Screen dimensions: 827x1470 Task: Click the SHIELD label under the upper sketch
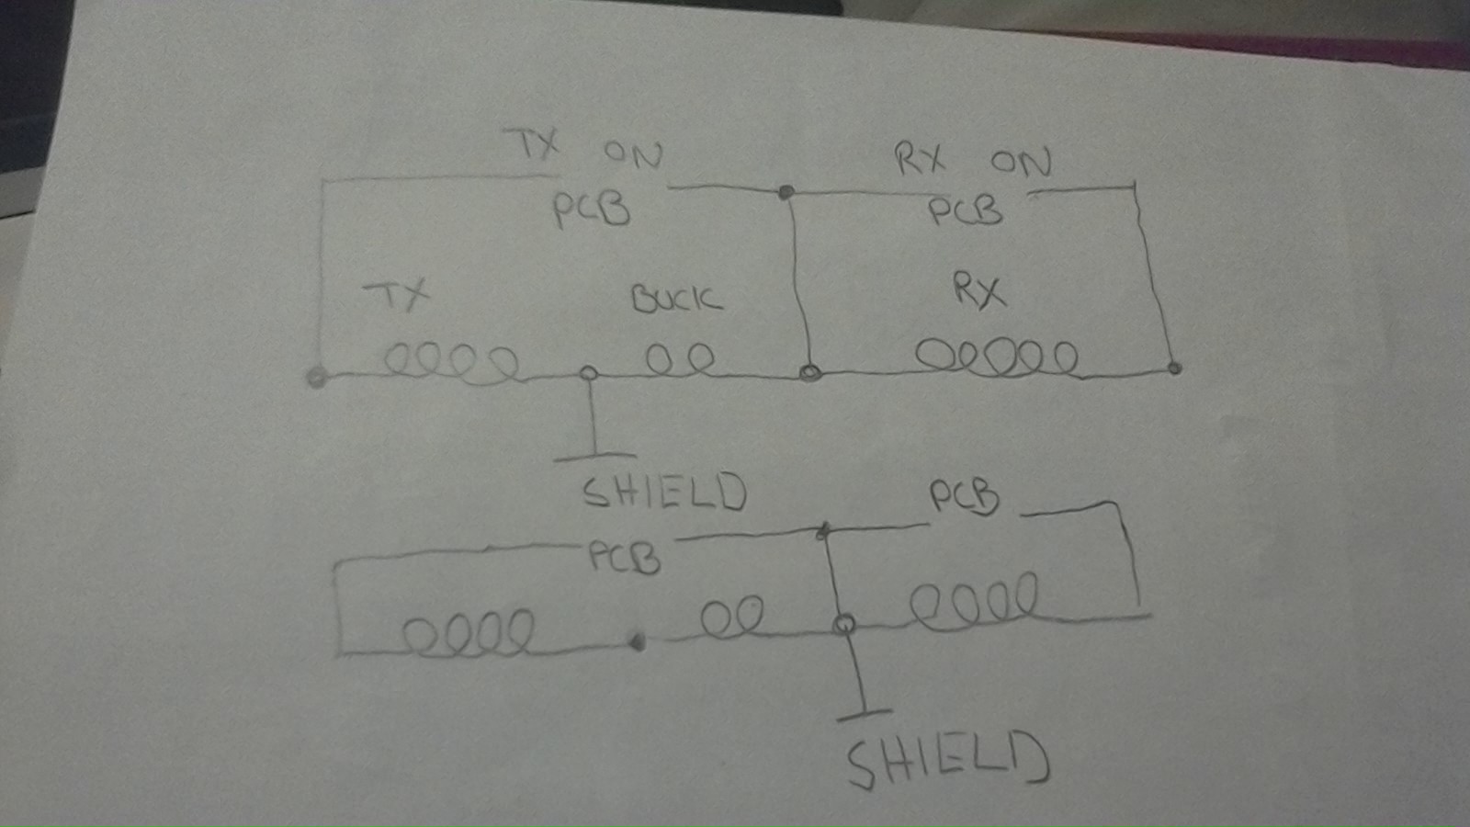(x=664, y=493)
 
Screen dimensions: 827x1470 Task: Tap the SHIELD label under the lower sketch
(x=946, y=761)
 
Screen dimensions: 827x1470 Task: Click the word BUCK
(x=676, y=299)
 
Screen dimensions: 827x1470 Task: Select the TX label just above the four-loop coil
(x=398, y=295)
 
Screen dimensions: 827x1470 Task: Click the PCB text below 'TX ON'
(x=591, y=210)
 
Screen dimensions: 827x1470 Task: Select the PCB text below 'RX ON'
(x=965, y=211)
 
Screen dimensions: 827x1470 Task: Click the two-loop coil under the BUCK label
(x=680, y=359)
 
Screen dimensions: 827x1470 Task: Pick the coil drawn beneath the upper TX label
(x=450, y=362)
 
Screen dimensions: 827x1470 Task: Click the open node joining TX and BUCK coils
(x=589, y=373)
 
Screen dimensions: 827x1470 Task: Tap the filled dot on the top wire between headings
(x=786, y=192)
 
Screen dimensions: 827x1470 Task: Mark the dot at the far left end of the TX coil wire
(x=316, y=378)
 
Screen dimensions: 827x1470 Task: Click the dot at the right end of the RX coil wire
(x=1175, y=368)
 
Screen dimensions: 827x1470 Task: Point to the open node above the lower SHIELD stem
(x=843, y=625)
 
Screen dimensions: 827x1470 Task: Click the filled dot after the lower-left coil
(x=637, y=642)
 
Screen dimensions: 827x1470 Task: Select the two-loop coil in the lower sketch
(x=731, y=617)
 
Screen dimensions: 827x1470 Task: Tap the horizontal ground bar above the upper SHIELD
(x=595, y=455)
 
